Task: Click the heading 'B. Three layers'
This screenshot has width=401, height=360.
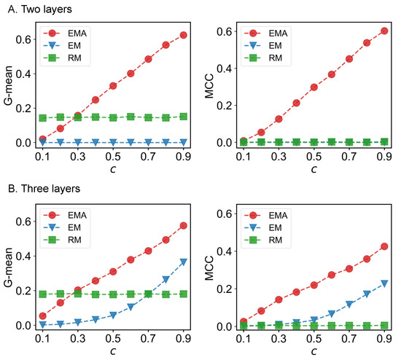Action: click(41, 190)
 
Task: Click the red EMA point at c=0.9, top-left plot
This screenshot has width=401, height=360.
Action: click(183, 35)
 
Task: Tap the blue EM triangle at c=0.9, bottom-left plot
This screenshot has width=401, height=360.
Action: click(183, 262)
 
